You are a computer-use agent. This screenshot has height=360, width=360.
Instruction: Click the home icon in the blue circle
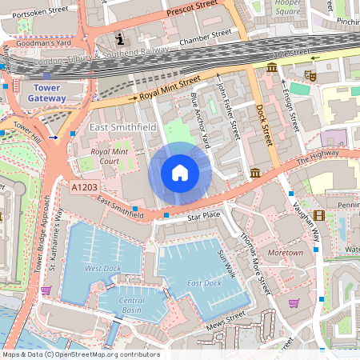180,172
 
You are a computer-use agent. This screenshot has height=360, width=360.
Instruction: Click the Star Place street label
202,216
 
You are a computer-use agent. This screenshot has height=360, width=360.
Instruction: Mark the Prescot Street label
190,12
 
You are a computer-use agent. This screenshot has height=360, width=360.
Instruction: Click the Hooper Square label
288,9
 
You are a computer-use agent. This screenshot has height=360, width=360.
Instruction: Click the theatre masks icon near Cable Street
310,74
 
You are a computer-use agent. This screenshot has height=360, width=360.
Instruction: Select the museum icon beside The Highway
255,173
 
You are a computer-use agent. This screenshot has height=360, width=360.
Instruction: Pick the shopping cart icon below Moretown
294,303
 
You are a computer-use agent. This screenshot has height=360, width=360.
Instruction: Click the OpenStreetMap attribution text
80,354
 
